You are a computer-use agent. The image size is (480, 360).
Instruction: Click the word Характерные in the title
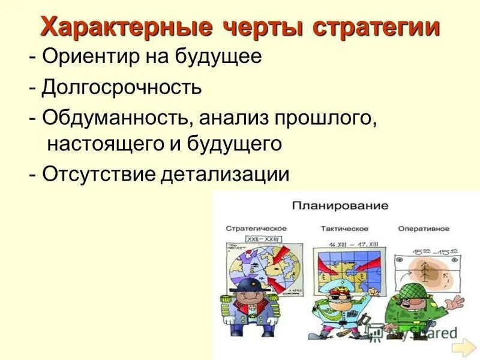coord(125,27)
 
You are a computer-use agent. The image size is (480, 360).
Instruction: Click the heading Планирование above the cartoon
coord(340,205)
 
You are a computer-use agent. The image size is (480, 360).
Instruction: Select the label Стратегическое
coord(256,228)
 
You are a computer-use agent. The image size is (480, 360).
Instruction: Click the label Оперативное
coord(424,228)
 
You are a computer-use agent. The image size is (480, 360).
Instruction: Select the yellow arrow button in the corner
coord(463,348)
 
